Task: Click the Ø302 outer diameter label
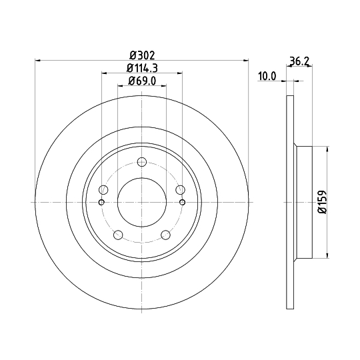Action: (x=141, y=55)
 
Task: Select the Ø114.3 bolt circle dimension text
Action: (x=141, y=69)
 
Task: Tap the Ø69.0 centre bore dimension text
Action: (x=141, y=82)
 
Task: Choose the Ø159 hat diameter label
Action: (x=322, y=201)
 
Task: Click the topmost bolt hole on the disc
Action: (x=141, y=161)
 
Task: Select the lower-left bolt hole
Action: (x=118, y=235)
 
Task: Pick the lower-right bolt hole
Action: (x=165, y=235)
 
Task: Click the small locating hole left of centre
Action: (x=101, y=203)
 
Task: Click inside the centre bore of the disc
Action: (x=141, y=203)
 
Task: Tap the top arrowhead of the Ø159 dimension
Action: (x=327, y=149)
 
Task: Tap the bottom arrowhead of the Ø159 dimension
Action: (x=327, y=255)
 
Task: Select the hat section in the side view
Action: (x=303, y=203)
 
